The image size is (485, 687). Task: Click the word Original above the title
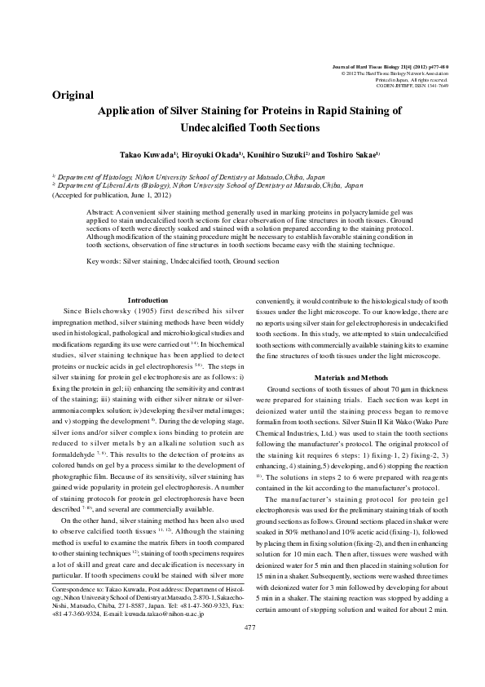[x=73, y=95]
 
